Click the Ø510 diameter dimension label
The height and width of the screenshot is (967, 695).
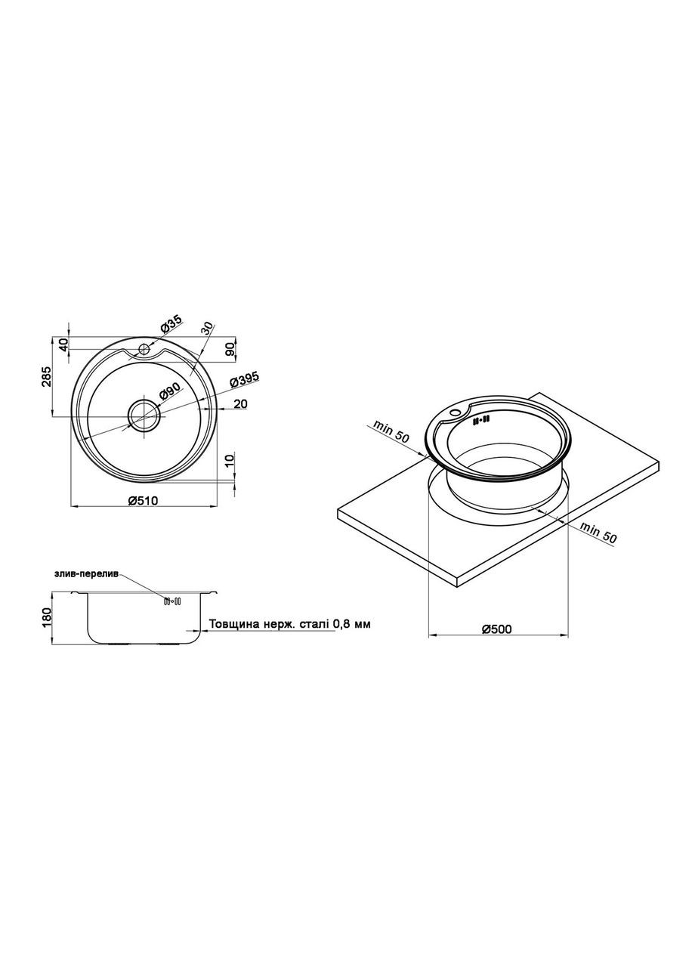click(x=144, y=500)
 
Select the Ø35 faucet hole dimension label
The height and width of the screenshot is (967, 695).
click(x=171, y=324)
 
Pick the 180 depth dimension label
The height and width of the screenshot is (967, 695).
click(x=47, y=617)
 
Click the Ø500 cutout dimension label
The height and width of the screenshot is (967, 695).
click(x=496, y=629)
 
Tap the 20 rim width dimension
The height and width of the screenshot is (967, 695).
click(x=240, y=404)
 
